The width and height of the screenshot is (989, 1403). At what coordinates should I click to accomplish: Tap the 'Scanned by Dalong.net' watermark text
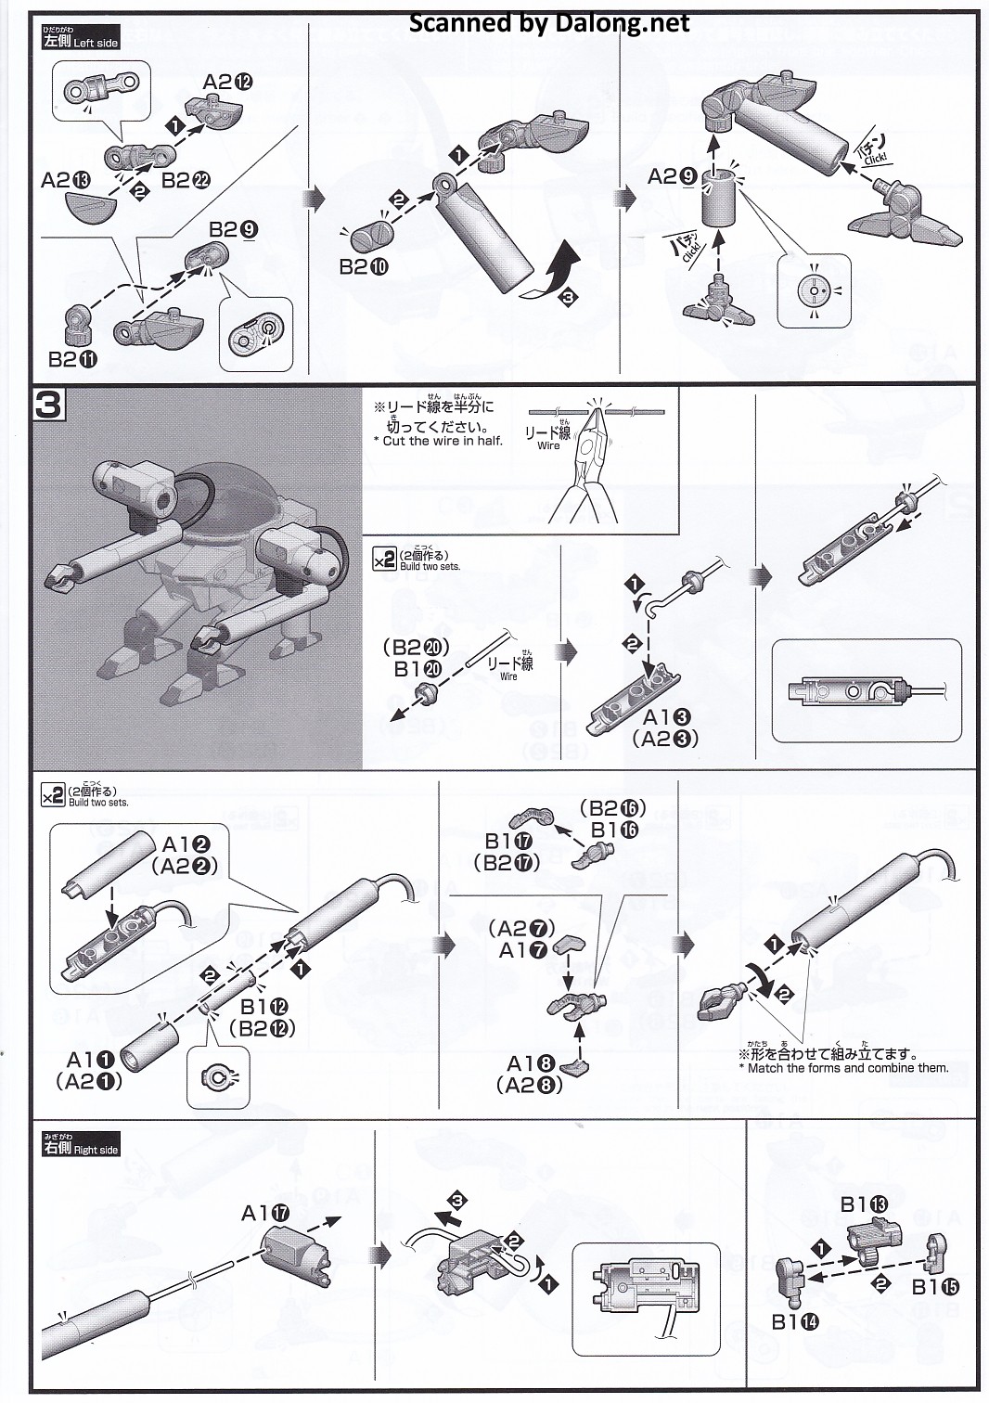550,23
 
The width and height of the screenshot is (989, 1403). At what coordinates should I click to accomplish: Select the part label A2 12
227,82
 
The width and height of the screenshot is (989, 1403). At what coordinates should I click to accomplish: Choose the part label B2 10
364,266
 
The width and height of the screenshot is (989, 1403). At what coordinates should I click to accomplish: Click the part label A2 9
674,176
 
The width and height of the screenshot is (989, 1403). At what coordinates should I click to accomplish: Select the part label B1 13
864,1204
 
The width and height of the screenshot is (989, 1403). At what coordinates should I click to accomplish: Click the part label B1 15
935,1286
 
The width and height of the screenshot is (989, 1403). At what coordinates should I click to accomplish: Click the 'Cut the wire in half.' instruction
443,442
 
